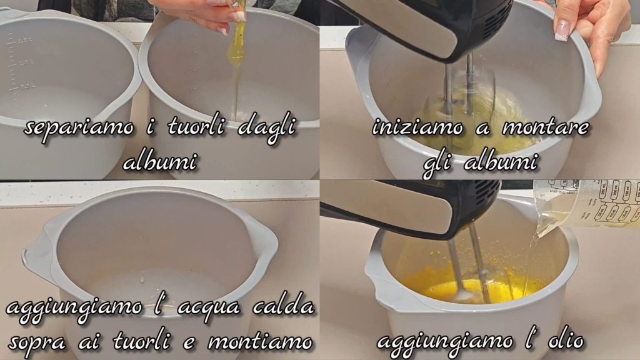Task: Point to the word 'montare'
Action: (x=545, y=127)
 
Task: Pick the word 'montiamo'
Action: (x=260, y=341)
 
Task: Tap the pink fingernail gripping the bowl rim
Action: (x=562, y=30)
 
